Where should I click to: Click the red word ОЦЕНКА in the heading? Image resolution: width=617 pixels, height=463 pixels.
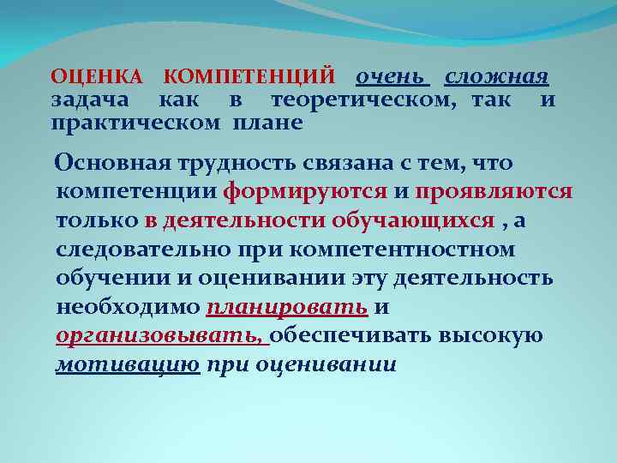pos(96,78)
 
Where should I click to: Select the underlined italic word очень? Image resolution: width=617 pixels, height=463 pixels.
pos(391,78)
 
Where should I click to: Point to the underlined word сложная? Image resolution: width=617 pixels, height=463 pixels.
pos(497,78)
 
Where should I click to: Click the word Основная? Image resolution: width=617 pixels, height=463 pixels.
pos(111,162)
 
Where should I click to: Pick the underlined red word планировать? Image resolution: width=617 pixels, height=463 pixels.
pos(288,307)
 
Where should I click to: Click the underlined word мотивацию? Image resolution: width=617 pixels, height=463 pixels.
pos(128,365)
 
